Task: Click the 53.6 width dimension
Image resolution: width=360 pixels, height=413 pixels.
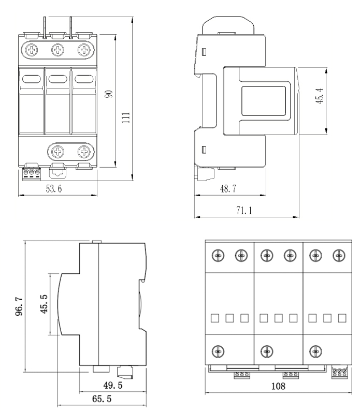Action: [x=53, y=189]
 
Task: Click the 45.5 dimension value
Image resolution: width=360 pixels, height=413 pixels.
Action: [x=44, y=304]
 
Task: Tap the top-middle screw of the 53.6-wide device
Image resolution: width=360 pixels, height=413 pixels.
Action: [x=58, y=50]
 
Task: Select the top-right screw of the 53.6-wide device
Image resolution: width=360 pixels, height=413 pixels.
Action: [x=84, y=50]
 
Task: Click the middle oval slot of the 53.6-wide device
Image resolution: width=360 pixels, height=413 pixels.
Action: [x=57, y=79]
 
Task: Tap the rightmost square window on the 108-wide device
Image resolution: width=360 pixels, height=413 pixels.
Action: [x=341, y=317]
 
